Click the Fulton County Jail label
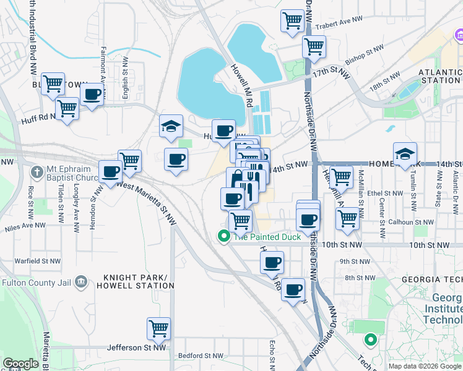pyautogui.click(x=36, y=283)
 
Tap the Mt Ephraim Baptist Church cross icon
pyautogui.click(x=37, y=171)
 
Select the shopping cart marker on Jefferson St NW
pyautogui.click(x=159, y=328)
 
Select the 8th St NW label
pyautogui.click(x=357, y=278)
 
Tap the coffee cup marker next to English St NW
pyautogui.click(x=92, y=95)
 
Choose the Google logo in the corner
pyautogui.click(x=20, y=364)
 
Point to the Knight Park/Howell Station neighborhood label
pyautogui.click(x=139, y=281)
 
